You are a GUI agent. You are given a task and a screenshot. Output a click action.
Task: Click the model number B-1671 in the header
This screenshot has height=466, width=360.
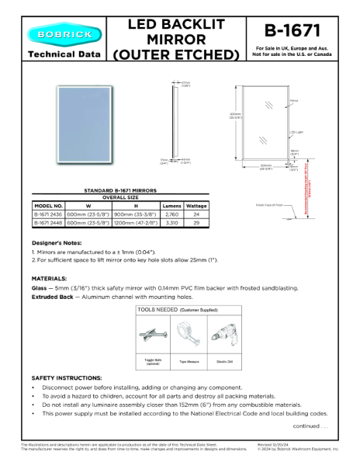point(291,31)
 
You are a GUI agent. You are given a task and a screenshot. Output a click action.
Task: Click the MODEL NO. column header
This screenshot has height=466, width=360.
point(48,206)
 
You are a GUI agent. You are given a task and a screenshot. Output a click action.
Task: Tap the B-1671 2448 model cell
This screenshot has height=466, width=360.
point(48,223)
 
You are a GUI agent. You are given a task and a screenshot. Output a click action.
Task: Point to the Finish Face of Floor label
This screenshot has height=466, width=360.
point(269,205)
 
